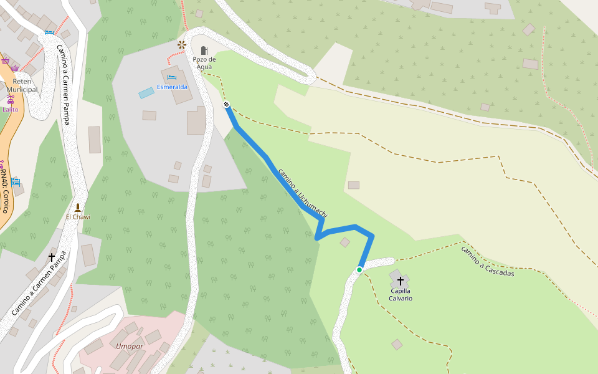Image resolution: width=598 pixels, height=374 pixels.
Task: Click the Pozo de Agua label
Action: (x=204, y=63)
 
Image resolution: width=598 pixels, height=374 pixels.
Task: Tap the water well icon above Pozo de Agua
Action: (x=204, y=50)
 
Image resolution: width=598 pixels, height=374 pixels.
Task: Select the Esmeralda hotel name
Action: (x=172, y=87)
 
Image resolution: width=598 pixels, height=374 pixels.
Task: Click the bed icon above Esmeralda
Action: (x=171, y=77)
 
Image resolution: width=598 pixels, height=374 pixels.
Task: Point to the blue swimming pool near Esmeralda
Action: (x=146, y=93)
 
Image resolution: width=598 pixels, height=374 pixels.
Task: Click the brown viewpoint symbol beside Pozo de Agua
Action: (x=182, y=44)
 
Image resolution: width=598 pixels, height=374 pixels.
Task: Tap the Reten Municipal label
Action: (x=22, y=85)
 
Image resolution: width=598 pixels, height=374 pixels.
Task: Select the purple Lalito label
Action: (x=11, y=110)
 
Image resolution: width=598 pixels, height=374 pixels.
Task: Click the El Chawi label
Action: (x=78, y=217)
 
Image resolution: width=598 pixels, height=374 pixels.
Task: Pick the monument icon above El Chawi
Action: (x=78, y=207)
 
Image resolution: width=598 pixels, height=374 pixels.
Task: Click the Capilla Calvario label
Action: (x=401, y=294)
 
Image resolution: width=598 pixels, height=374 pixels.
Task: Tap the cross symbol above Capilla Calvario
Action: (x=401, y=281)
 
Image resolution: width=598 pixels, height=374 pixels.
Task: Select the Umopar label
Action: (x=130, y=346)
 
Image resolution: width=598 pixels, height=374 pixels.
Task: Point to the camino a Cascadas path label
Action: (x=487, y=261)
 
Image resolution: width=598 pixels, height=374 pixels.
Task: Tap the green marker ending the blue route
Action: (x=359, y=270)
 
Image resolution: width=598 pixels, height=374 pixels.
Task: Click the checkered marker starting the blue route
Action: (x=227, y=105)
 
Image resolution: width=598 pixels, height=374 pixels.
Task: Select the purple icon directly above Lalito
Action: (x=10, y=100)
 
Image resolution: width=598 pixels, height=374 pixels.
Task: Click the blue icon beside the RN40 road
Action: (x=16, y=182)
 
